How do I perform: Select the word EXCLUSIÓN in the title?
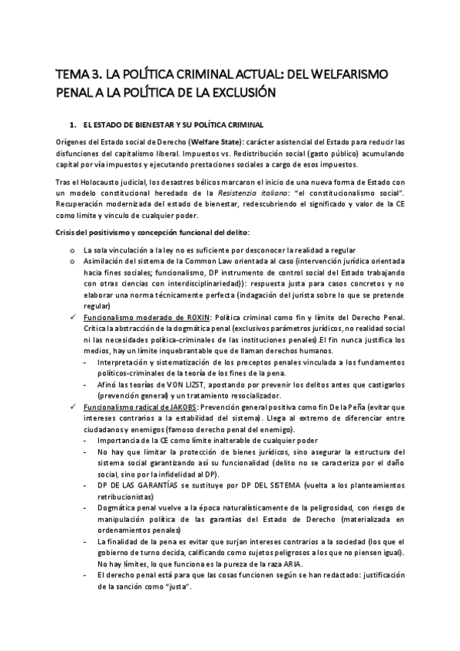pyautogui.click(x=237, y=93)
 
